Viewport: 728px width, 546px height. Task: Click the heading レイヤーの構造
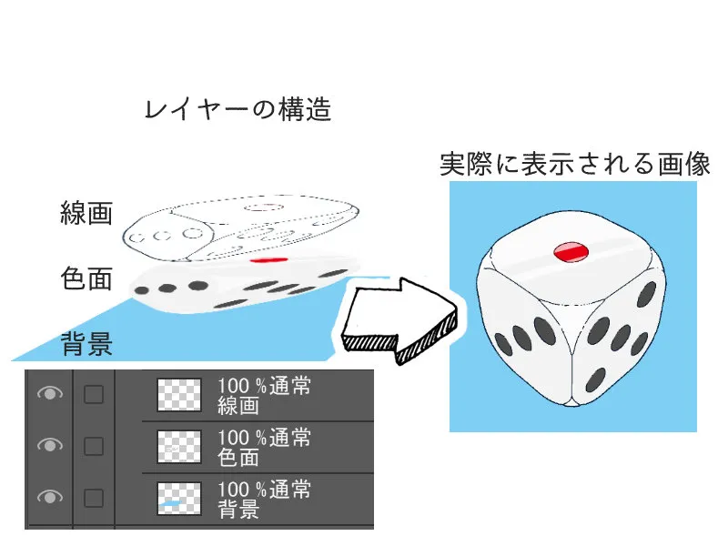tap(238, 109)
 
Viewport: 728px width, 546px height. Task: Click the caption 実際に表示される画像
tap(575, 164)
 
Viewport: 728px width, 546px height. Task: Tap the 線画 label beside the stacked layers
tap(86, 213)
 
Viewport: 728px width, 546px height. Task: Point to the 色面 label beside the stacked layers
tap(86, 278)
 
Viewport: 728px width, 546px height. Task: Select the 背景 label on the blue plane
tap(86, 344)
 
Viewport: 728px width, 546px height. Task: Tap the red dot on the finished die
tap(571, 252)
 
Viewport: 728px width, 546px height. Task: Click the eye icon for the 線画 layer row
tap(50, 394)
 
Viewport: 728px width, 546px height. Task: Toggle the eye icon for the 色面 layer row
tap(50, 445)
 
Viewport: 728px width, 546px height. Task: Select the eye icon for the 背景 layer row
tap(50, 497)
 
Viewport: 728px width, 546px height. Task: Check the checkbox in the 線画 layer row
tap(94, 395)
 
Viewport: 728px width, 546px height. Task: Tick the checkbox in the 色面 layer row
tap(94, 447)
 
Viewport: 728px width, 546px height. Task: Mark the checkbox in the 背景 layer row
tap(94, 498)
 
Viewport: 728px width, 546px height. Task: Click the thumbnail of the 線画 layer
tap(179, 395)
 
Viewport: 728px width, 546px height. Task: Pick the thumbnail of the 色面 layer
tap(179, 447)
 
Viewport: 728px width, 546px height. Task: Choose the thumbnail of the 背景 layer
tap(179, 499)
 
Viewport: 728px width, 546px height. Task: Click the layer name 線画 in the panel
tap(238, 406)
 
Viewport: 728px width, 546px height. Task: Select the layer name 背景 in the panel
tap(238, 510)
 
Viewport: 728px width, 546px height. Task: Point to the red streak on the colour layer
tap(268, 260)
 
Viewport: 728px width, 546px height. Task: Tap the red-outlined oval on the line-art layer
tap(264, 207)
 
